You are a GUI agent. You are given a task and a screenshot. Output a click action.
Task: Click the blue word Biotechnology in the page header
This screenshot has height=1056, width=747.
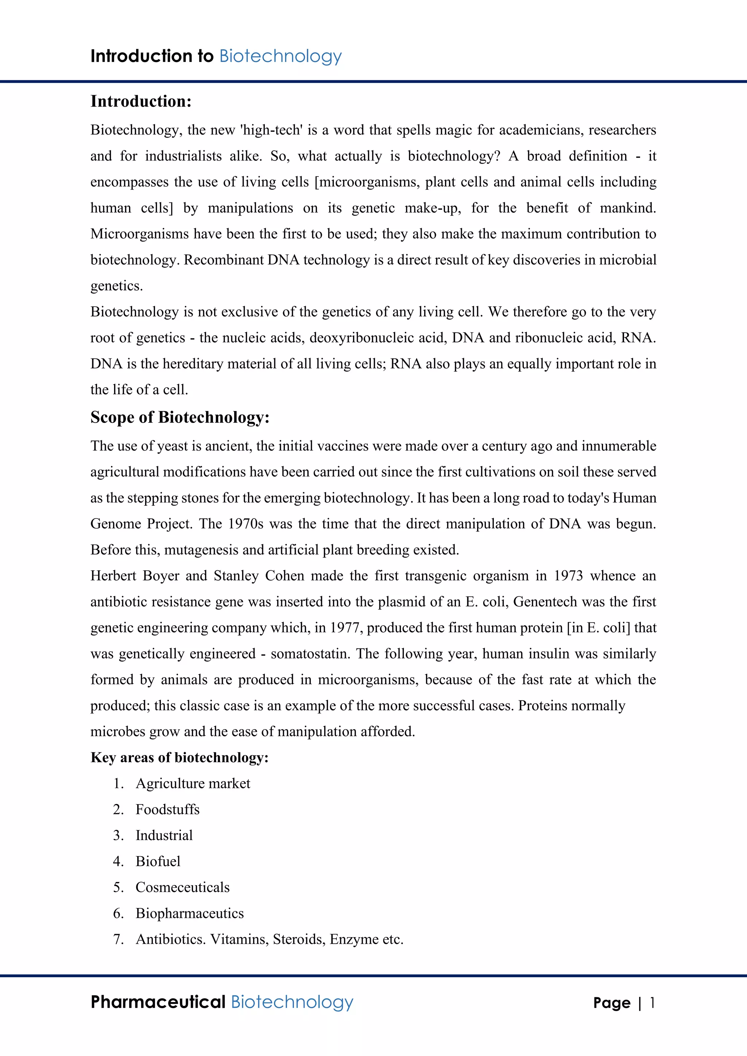tap(280, 57)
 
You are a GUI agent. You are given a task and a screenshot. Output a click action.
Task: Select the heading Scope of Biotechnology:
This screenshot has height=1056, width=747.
tap(180, 417)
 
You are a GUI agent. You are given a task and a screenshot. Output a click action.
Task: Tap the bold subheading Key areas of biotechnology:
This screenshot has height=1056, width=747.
tap(179, 757)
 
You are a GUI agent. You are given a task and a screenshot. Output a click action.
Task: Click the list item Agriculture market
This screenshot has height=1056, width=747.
tap(193, 783)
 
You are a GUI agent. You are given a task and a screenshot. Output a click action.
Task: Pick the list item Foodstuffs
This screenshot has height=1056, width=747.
tap(167, 810)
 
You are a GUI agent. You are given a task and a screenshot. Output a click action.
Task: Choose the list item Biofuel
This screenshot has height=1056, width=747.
tap(158, 861)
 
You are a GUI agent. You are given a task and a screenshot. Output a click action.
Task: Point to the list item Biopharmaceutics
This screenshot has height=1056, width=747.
tap(190, 913)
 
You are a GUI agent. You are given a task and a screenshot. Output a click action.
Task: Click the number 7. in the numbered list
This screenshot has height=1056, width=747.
tap(119, 939)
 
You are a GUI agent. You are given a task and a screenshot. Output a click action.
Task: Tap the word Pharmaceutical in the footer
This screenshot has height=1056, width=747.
tap(158, 1002)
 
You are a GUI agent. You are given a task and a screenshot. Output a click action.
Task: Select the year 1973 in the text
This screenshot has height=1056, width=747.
tap(568, 576)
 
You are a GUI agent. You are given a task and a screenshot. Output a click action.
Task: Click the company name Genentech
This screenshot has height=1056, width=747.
tap(545, 602)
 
